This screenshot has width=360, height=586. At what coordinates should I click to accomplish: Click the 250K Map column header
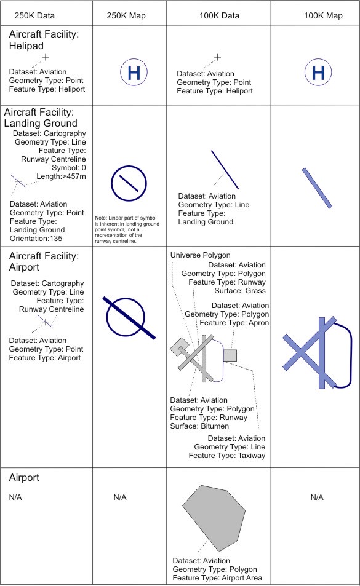click(x=126, y=16)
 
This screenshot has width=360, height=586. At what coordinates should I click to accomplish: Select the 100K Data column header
click(x=219, y=16)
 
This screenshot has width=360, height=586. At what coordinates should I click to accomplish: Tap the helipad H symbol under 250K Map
click(x=134, y=73)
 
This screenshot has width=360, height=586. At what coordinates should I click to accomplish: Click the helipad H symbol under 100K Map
click(x=318, y=73)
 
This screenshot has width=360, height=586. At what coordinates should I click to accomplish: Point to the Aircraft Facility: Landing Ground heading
click(x=41, y=117)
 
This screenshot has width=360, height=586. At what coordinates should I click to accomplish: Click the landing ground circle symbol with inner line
click(x=129, y=183)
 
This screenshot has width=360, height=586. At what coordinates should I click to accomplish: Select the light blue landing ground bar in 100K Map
click(x=317, y=188)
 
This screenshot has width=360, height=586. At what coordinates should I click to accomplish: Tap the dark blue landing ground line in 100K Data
click(x=225, y=170)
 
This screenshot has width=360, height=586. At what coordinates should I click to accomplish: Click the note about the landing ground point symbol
click(x=127, y=229)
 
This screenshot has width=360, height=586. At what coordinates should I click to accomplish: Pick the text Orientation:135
click(x=36, y=239)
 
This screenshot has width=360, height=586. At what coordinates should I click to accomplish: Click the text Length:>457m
click(x=61, y=176)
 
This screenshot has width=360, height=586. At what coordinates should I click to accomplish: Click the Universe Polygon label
click(x=201, y=255)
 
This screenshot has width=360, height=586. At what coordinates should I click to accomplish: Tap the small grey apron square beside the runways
click(x=230, y=355)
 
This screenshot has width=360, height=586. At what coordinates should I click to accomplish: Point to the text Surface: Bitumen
click(x=199, y=426)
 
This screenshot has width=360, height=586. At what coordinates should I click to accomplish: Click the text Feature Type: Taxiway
click(x=227, y=456)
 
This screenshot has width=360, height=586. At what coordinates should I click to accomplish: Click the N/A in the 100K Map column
click(x=317, y=497)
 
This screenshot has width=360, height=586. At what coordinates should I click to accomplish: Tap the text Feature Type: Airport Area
click(x=217, y=578)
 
